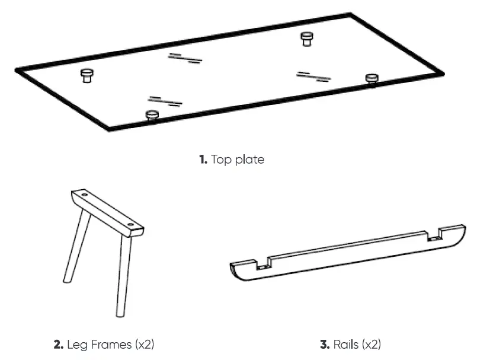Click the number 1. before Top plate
point(203,160)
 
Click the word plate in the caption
point(250,160)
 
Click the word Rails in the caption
point(346,344)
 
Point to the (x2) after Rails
point(371,344)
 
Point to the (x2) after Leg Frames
point(145,344)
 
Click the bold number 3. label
point(325,344)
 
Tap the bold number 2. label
point(59,344)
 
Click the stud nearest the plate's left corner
point(87,75)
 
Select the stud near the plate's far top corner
point(306,39)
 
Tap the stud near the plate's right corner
point(371,79)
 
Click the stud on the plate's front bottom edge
point(151,114)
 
